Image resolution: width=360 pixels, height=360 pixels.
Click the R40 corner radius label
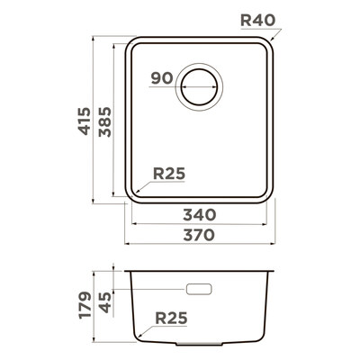point(257,21)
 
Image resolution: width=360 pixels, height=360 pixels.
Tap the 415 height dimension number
point(85,121)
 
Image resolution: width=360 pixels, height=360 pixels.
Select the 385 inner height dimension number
point(105,121)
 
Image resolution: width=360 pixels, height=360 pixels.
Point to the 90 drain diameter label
point(162,78)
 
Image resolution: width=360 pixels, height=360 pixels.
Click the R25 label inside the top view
point(169,174)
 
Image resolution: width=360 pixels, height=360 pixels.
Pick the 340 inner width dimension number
point(200,215)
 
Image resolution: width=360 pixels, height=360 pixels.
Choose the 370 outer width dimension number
point(199,235)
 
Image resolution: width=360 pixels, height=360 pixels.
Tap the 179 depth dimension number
point(85,304)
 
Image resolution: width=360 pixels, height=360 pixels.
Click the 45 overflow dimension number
point(105,302)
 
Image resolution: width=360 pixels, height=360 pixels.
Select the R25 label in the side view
point(171,318)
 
